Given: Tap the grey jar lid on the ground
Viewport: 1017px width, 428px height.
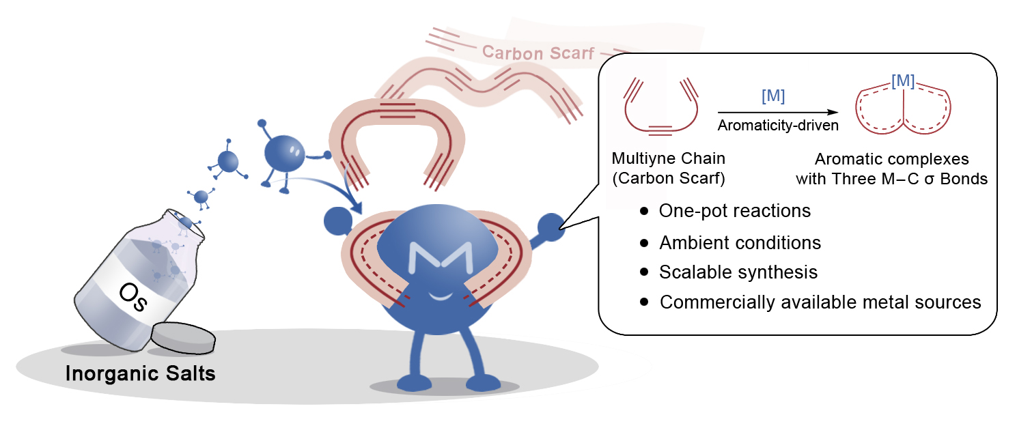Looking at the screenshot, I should (x=182, y=337).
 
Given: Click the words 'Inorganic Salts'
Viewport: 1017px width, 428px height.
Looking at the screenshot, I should (x=141, y=374).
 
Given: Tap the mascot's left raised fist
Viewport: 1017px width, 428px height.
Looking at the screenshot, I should (x=337, y=219).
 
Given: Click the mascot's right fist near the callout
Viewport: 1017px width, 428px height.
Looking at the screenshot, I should (x=551, y=227).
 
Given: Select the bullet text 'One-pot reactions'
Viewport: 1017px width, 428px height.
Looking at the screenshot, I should (x=734, y=211).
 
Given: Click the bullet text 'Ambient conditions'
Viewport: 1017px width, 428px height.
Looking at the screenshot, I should (x=740, y=242).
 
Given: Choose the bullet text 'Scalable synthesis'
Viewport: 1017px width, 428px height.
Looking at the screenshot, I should (x=738, y=272).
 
